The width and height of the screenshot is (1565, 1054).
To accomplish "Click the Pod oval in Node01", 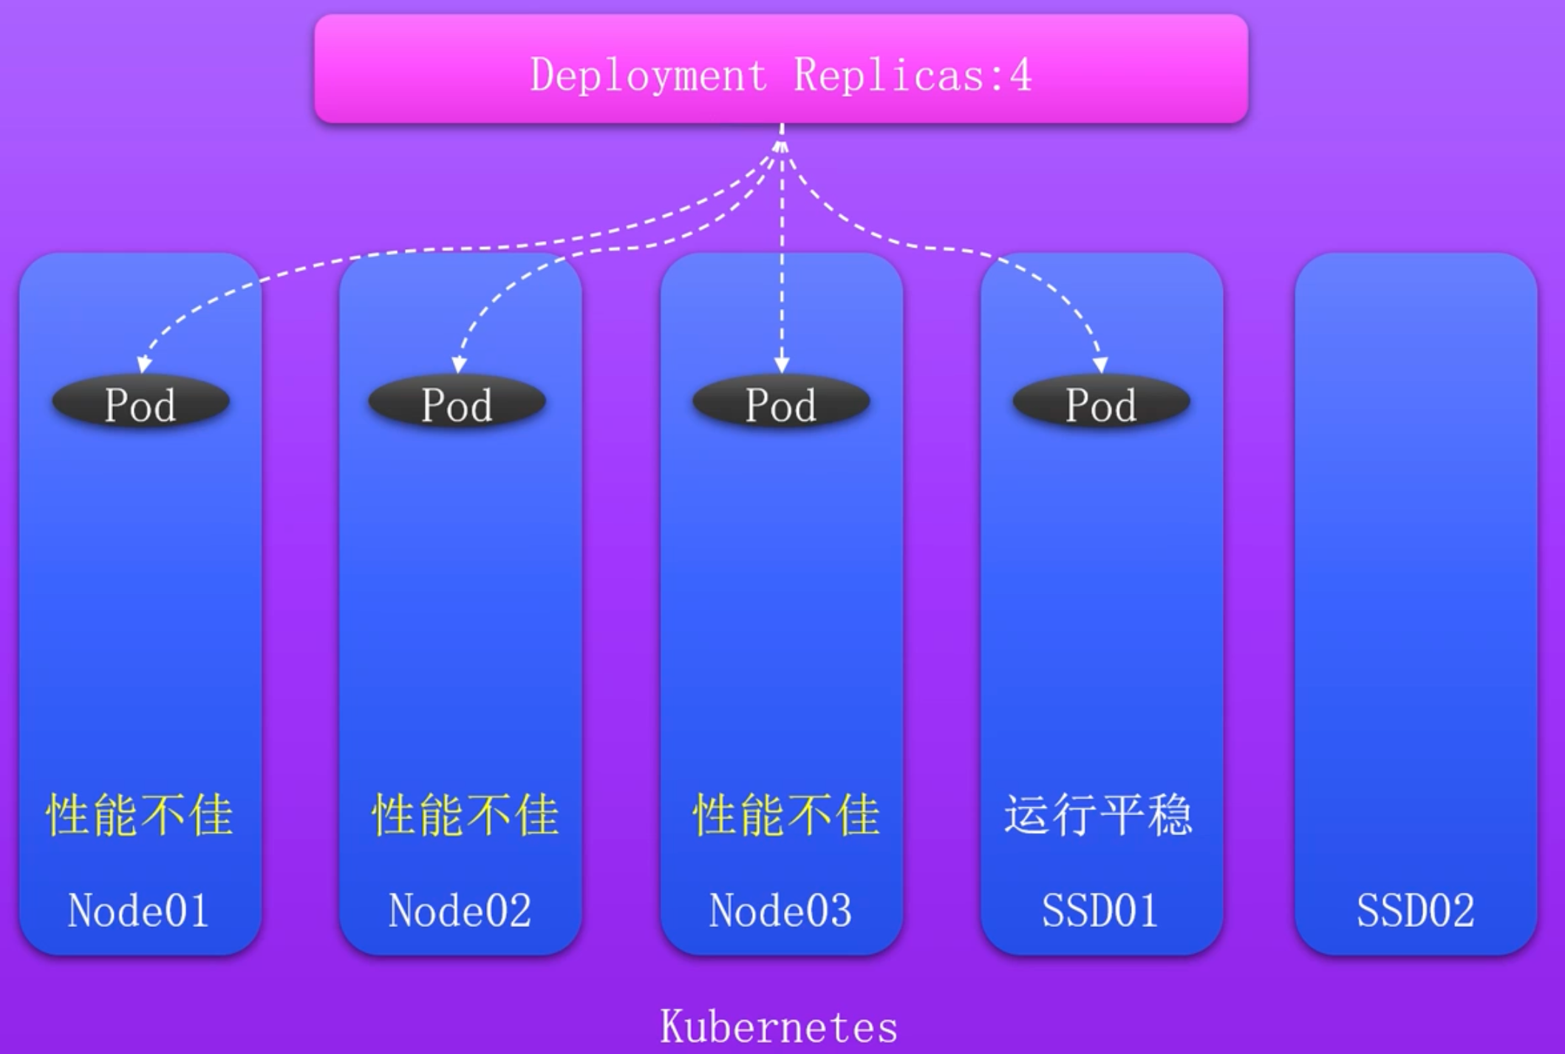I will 140,403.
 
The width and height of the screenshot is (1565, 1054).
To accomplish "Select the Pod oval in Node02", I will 457,403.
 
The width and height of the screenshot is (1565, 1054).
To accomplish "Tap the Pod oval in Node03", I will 781,403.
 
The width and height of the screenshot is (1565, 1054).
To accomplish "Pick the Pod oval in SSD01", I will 1101,403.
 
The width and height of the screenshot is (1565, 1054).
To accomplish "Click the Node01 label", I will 138,910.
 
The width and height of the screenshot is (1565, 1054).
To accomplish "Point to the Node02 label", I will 460,910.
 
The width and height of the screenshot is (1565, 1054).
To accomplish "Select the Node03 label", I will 780,910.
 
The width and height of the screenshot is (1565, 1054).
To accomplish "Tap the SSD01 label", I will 1099,910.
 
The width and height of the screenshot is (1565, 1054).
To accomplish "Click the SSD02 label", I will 1415,910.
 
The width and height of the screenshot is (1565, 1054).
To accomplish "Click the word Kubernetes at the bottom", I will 779,1026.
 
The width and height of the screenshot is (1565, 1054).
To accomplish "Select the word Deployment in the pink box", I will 649,75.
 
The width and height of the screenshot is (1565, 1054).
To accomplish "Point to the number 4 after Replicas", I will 1021,75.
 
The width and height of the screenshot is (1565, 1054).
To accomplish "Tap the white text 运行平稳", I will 1099,815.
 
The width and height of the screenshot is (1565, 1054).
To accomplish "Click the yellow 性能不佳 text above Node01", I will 140,815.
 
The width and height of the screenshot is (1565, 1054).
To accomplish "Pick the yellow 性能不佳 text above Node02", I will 465,815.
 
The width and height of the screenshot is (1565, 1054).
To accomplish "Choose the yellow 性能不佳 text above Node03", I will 786,815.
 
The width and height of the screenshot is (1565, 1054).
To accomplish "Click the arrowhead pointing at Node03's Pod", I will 782,364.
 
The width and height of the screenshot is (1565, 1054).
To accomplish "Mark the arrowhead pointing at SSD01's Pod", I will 1100,364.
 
